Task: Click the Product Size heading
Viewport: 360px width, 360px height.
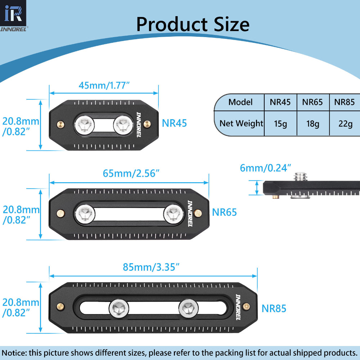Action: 193,24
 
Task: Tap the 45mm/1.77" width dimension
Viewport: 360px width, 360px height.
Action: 104,85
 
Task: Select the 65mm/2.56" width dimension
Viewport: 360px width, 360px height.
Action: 131,173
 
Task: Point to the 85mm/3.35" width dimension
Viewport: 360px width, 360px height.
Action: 151,267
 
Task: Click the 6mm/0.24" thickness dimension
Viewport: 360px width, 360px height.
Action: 266,167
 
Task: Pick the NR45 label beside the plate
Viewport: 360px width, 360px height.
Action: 174,123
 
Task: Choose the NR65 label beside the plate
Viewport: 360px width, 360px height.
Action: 224,212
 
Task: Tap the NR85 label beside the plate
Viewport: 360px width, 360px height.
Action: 274,309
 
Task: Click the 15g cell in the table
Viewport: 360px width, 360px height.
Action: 280,124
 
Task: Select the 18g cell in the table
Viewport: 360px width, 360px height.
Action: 312,124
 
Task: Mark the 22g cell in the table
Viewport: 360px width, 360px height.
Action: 345,124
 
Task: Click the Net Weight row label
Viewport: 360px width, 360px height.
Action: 241,123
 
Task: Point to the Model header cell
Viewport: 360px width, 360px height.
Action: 240,102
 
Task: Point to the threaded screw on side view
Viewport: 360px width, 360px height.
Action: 300,176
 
